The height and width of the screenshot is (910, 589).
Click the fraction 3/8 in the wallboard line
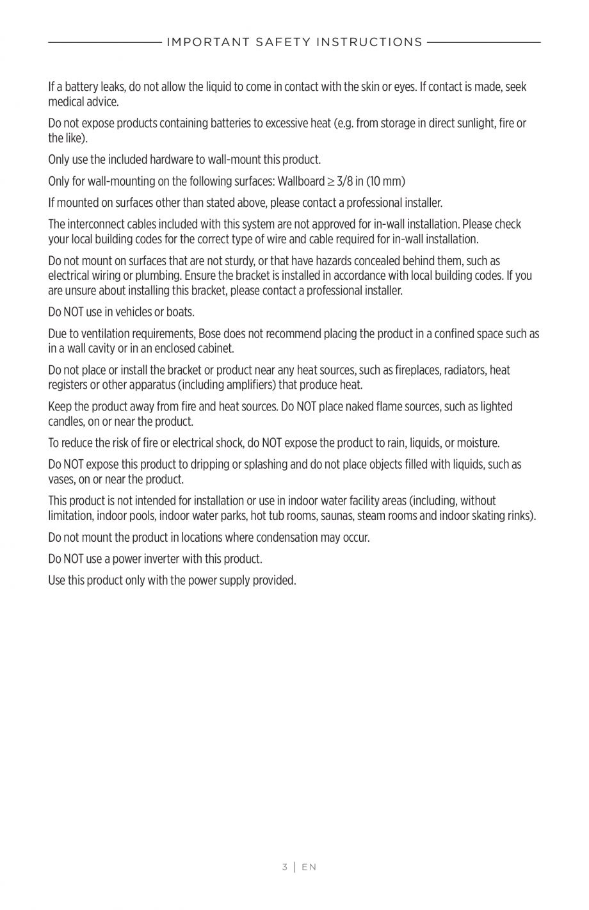pos(345,181)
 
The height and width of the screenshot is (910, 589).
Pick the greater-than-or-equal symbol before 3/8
pos(331,182)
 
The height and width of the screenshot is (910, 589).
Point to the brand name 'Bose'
pos(209,334)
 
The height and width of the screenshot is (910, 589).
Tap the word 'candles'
pos(65,421)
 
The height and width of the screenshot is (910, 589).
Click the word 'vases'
pos(61,479)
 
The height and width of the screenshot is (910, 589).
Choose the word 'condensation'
pos(289,537)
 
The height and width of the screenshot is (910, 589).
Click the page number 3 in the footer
pos(284,867)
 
